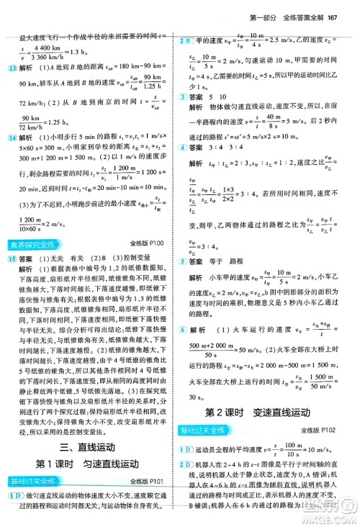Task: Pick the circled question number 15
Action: click(x=12, y=259)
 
